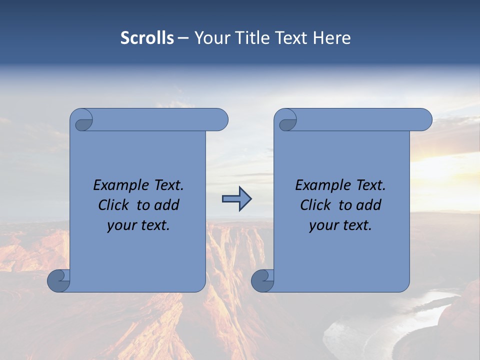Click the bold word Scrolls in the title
point(147,38)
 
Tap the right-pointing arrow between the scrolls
point(236,199)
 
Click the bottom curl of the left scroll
point(58,280)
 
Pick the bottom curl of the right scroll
point(262,280)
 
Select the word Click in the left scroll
point(113,205)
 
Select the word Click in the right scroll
point(315,205)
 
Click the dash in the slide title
point(183,38)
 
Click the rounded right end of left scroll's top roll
point(220,120)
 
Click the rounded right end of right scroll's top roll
point(424,120)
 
